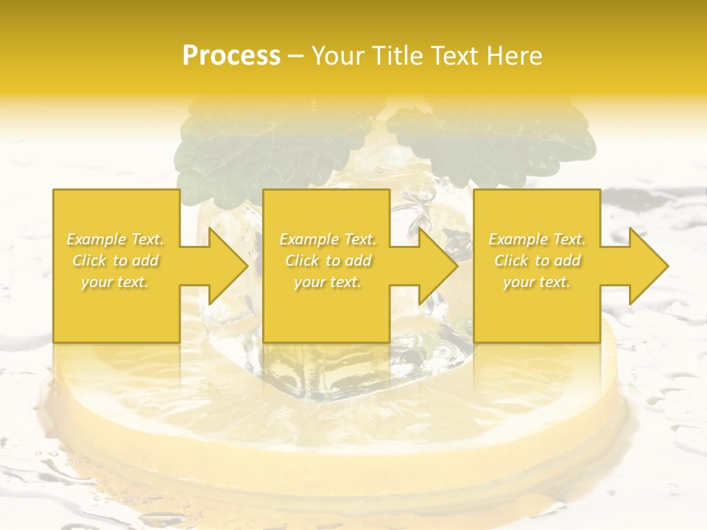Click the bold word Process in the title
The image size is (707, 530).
231,55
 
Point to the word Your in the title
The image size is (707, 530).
337,55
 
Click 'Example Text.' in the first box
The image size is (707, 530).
116,239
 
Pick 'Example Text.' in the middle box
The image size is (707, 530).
328,239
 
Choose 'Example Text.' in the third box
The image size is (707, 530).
537,239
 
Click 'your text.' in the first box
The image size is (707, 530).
115,282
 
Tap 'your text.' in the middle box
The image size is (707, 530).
328,282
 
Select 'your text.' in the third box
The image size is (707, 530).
537,282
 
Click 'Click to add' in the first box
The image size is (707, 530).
116,261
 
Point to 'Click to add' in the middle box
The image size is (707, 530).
328,261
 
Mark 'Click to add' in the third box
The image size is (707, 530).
537,261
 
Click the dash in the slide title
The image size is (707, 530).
296,56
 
